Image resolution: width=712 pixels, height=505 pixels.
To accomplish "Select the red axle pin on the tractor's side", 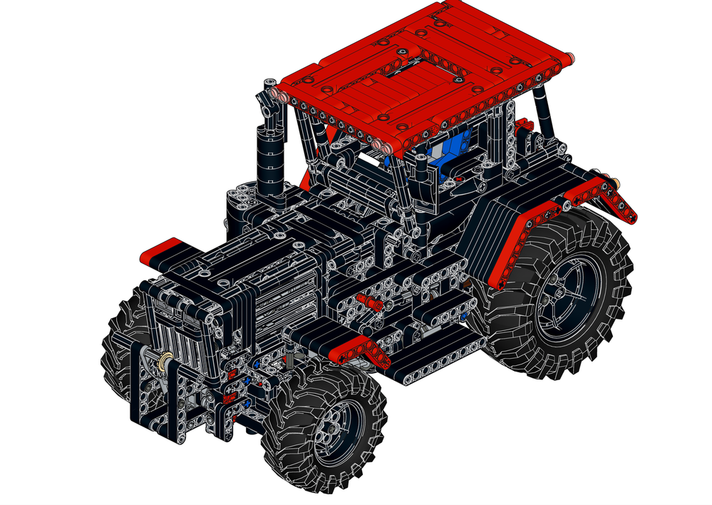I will (x=370, y=300).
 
